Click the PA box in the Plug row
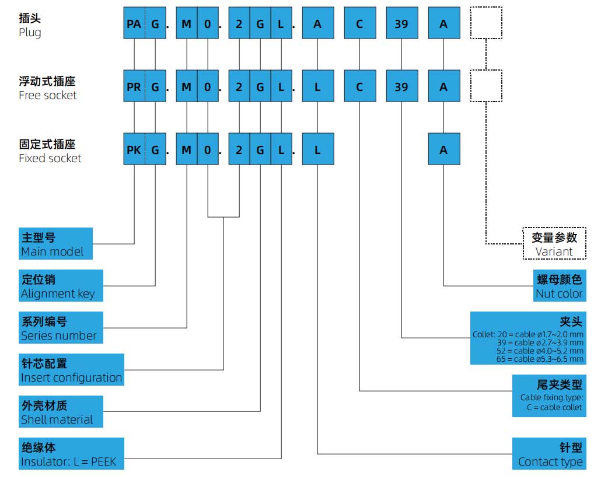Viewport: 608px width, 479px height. (x=134, y=23)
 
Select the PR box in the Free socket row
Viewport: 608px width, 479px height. (x=134, y=86)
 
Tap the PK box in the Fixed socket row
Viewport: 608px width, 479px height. (x=134, y=149)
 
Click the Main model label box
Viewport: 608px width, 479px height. (x=55, y=244)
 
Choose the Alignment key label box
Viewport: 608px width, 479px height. (x=61, y=286)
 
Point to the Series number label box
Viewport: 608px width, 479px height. (x=61, y=328)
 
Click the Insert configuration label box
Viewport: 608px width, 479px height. (x=72, y=370)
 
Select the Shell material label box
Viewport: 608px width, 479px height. (x=61, y=412)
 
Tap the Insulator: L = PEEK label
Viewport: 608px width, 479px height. (x=72, y=454)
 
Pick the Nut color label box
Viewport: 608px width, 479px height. (x=559, y=286)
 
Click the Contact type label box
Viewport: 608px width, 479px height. (x=549, y=454)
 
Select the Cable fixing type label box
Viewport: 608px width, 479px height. (x=549, y=396)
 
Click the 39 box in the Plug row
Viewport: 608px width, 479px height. (x=401, y=23)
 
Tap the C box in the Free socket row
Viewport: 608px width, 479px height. (x=359, y=86)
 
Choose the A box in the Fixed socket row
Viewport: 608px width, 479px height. (x=443, y=149)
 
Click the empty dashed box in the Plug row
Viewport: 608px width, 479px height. (x=486, y=23)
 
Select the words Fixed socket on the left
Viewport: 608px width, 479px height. (x=50, y=158)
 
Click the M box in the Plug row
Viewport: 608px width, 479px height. (x=187, y=23)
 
